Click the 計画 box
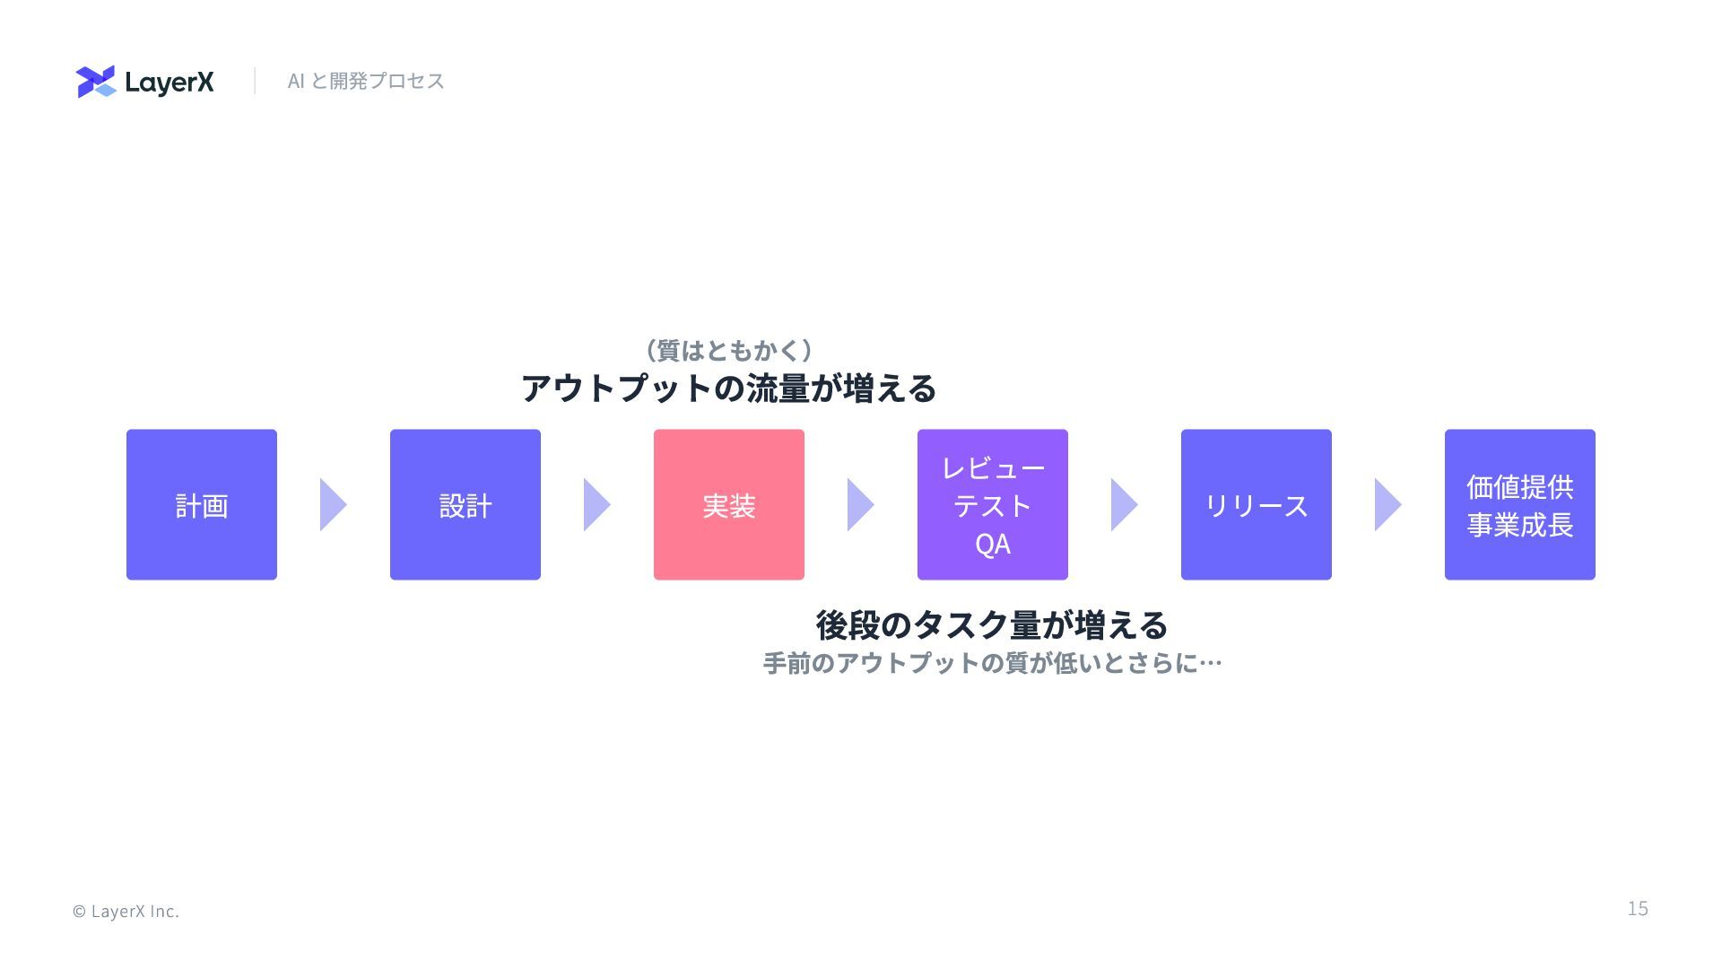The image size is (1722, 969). (x=202, y=504)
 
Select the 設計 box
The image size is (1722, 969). (x=465, y=504)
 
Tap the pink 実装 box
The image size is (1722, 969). (x=729, y=504)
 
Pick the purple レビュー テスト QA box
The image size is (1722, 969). (x=993, y=504)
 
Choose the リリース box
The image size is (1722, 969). (x=1257, y=504)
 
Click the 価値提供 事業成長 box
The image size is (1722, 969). (x=1520, y=504)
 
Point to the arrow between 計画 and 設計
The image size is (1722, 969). (x=332, y=504)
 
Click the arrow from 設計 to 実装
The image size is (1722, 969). (x=596, y=504)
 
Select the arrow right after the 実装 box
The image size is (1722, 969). (x=859, y=504)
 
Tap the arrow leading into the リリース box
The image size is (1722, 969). (x=1123, y=504)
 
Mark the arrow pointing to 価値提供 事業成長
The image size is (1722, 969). (x=1387, y=504)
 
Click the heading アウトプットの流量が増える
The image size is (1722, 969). (x=728, y=388)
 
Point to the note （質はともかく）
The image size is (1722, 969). (x=728, y=350)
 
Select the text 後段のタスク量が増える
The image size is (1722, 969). (x=992, y=624)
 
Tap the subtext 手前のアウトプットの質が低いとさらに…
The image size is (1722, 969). (x=992, y=663)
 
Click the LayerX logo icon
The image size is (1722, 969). (x=96, y=82)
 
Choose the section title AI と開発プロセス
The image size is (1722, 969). (x=366, y=81)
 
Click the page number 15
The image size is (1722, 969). (x=1638, y=909)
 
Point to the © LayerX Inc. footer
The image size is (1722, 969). (x=126, y=912)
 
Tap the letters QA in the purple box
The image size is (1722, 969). (x=993, y=544)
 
